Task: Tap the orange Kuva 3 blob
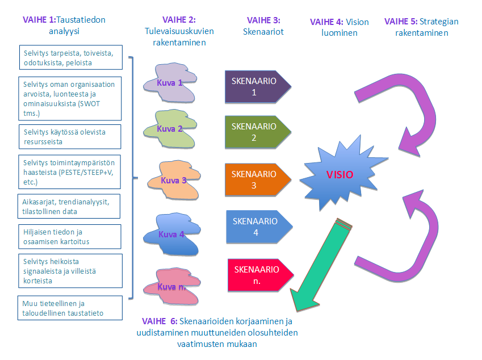tap(174, 181)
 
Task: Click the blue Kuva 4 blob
tap(171, 233)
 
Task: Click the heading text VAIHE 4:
tap(326, 22)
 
